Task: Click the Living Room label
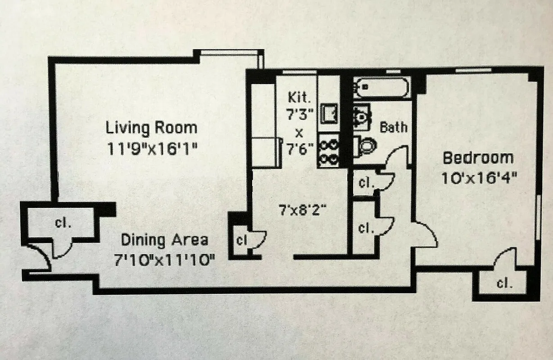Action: coord(151,127)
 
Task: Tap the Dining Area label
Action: coord(164,240)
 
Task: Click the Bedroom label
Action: coord(478,158)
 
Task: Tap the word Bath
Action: coord(393,127)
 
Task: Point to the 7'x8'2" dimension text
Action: coord(302,209)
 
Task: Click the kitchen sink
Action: coord(329,113)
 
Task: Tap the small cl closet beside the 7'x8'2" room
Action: coord(241,240)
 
